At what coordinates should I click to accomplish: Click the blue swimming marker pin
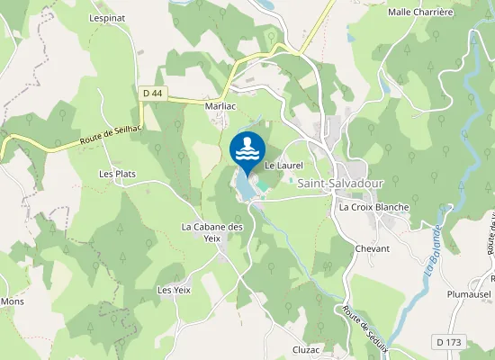247,149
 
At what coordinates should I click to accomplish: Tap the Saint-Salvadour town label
340,183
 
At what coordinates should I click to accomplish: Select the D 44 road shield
154,92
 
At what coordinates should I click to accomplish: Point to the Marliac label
220,105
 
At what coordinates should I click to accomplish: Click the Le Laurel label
283,166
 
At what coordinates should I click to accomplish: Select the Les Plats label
117,174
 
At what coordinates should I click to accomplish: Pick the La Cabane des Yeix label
212,232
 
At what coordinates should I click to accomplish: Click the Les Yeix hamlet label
175,290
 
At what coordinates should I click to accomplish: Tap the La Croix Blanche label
373,207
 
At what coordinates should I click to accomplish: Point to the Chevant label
373,248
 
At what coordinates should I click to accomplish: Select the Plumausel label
470,293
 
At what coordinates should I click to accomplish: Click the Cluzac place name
306,349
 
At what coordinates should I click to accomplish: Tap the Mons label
12,301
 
